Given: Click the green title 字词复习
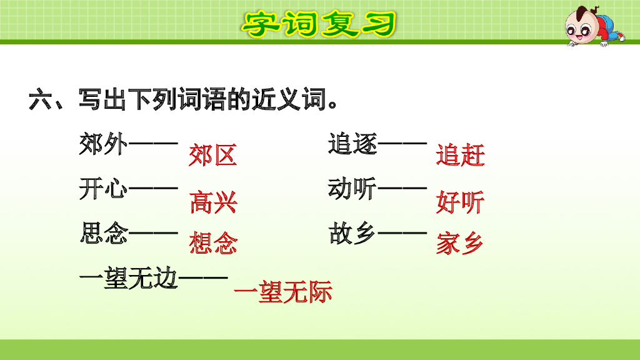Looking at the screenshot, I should point(319,24).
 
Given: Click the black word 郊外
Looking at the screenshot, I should point(104,145).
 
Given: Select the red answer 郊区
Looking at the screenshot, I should point(213,156).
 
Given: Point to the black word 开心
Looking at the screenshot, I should point(104,189).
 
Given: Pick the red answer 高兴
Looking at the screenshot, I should point(213,202).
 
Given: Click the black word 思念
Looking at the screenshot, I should point(104,234).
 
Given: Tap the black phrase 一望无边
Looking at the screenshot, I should point(129,279).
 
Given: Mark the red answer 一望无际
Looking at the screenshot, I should point(282,292).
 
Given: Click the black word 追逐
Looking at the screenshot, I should point(353,145).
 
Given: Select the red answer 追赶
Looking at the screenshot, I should point(461,156).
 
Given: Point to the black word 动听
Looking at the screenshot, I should point(353,189).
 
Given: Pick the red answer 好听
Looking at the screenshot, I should point(461,202).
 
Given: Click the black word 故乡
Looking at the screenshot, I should point(353,234).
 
